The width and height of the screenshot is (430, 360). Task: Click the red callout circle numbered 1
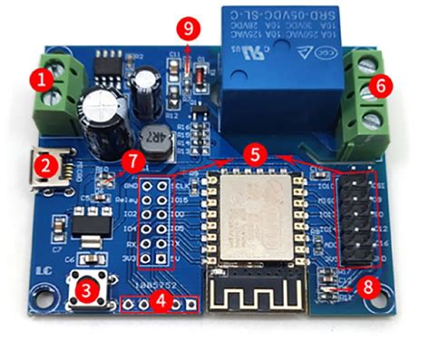tap(41, 80)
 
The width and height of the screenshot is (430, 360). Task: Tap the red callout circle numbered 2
tap(43, 165)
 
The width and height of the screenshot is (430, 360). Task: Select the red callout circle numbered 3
tap(86, 291)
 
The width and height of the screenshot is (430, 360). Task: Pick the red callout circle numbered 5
tap(257, 154)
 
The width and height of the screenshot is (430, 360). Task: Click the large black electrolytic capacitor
tap(98, 115)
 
